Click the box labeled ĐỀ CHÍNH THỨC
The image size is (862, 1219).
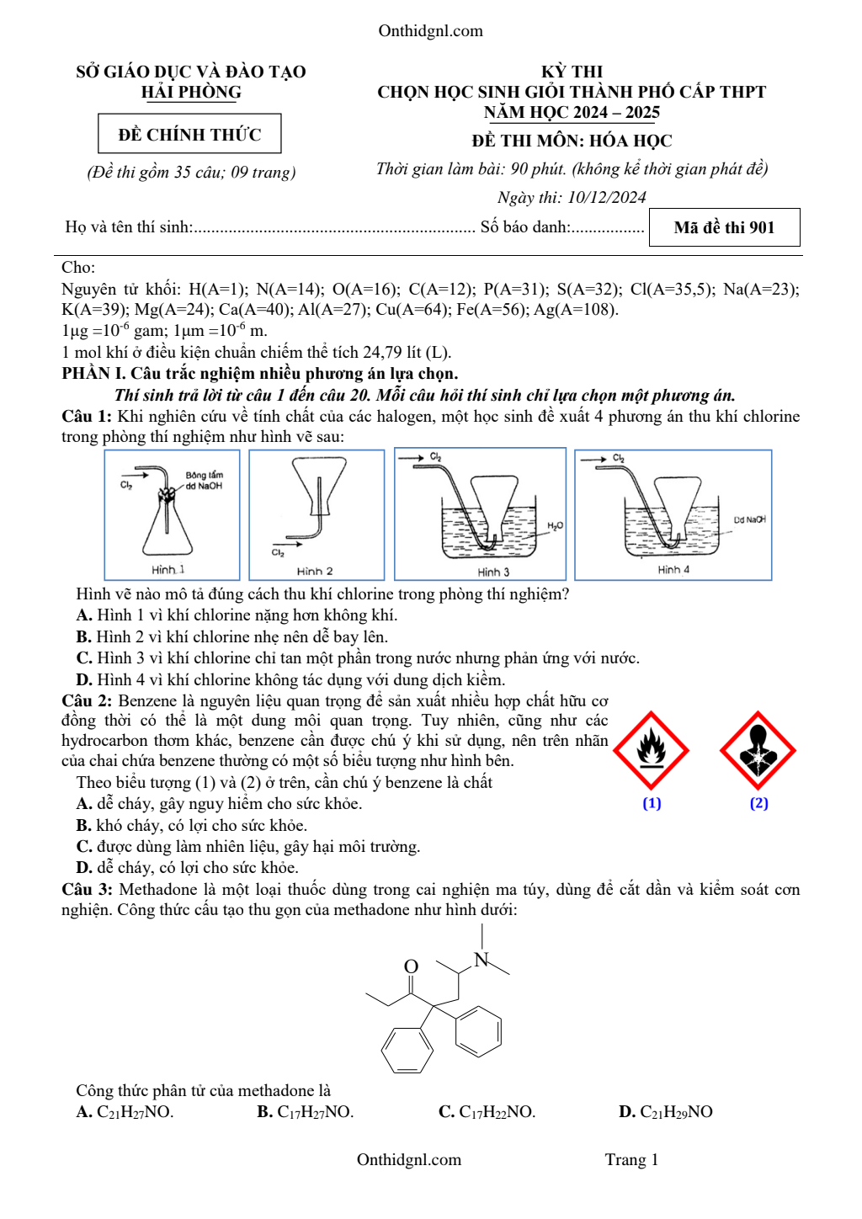189,135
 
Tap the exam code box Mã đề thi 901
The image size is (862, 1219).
724,227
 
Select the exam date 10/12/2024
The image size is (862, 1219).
606,197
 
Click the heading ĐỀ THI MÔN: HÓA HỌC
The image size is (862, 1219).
572,141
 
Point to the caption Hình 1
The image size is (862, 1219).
168,570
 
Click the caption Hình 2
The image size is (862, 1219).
315,571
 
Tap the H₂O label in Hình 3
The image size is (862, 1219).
555,526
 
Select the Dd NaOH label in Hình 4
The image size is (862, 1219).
749,520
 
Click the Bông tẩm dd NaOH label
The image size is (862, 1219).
204,481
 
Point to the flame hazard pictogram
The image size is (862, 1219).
651,750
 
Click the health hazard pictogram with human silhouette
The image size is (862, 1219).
758,750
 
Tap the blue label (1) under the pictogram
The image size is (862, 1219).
652,803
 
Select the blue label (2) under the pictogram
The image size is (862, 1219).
758,803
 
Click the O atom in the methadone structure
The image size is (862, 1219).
411,966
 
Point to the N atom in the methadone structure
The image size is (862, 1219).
482,960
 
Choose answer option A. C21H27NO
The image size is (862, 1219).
125,1112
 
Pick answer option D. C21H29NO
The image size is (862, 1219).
666,1112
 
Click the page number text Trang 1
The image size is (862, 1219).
631,1160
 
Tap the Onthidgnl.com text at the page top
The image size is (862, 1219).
430,31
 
